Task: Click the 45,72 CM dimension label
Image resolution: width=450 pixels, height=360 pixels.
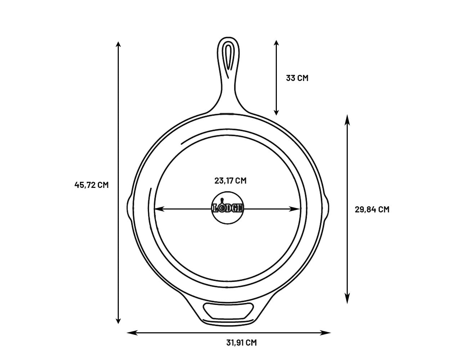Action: click(x=91, y=185)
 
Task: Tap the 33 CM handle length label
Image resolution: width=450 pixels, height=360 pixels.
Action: click(x=297, y=78)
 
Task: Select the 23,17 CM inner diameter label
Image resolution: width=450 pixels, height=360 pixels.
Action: click(x=230, y=181)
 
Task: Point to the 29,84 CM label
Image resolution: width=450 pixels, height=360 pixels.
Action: click(x=372, y=210)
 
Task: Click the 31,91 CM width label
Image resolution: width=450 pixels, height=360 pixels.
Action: click(x=242, y=343)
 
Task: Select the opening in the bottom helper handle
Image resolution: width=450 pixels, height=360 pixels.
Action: click(x=228, y=311)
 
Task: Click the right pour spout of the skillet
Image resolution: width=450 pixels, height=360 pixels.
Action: click(x=325, y=208)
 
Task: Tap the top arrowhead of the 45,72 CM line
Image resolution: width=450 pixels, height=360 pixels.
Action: click(x=118, y=45)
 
